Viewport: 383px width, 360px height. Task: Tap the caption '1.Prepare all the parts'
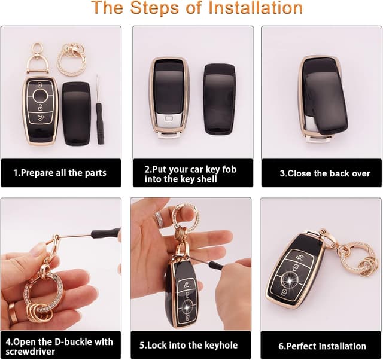coord(60,173)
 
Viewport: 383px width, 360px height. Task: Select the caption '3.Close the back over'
coord(320,173)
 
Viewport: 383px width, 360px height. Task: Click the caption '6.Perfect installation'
coord(322,346)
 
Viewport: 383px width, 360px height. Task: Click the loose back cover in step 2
coord(219,99)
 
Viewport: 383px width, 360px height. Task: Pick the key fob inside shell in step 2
coord(169,97)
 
